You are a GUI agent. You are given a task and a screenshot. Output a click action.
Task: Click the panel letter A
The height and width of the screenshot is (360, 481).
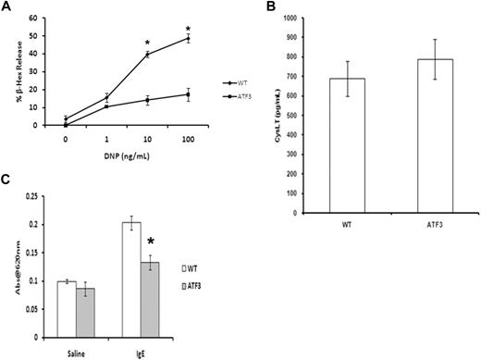point(7,7)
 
